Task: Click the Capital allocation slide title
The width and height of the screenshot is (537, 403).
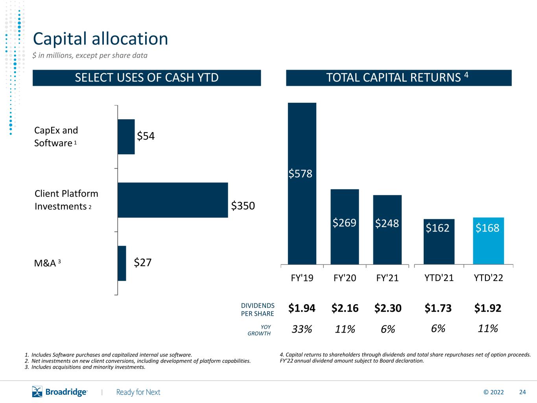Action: tap(100, 39)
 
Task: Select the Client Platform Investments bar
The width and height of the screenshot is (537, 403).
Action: tap(173, 200)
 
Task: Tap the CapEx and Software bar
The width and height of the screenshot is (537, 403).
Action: tap(126, 137)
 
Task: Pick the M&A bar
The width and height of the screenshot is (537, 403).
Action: tap(122, 263)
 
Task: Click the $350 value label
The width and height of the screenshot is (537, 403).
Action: tap(243, 206)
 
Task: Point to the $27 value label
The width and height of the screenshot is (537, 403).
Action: tap(142, 263)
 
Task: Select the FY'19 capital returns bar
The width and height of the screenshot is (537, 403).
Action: tap(302, 183)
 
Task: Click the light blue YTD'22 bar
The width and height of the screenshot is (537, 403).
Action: tap(488, 241)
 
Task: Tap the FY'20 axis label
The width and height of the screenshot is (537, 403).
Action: tap(345, 278)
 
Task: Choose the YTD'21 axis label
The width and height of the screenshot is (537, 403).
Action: tap(439, 278)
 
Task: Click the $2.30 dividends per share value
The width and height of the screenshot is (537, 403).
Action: tap(388, 308)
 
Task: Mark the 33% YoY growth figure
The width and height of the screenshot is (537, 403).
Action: tap(302, 329)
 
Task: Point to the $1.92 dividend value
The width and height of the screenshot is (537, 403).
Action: tap(488, 308)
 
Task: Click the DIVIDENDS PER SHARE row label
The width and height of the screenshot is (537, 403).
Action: tap(258, 310)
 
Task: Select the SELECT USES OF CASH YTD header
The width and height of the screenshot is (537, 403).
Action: tap(147, 78)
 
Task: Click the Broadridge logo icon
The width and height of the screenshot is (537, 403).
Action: tap(37, 392)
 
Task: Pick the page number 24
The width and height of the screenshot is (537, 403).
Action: tap(522, 392)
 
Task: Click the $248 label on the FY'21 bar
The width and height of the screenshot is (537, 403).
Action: tap(387, 224)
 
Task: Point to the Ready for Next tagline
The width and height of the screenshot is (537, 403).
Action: tap(138, 392)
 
